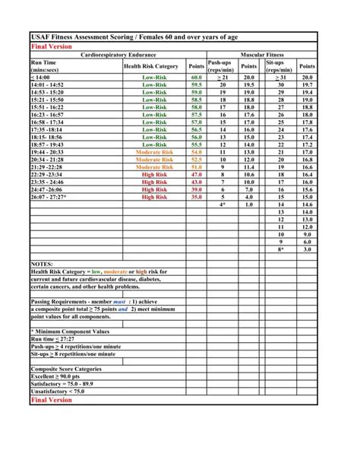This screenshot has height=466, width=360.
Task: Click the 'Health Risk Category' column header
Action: coord(150,66)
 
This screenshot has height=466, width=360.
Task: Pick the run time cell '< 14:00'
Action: coord(43,78)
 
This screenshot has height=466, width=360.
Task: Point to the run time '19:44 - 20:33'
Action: coord(47,153)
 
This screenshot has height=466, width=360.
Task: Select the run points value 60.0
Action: coord(197,78)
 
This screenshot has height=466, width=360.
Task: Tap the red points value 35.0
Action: coord(197,197)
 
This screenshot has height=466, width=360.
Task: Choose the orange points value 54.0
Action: coord(197,153)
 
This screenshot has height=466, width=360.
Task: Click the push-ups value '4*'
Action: coord(223,204)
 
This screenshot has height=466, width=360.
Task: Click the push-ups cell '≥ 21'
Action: coord(223,78)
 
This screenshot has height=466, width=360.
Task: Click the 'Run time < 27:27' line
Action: coord(55,339)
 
